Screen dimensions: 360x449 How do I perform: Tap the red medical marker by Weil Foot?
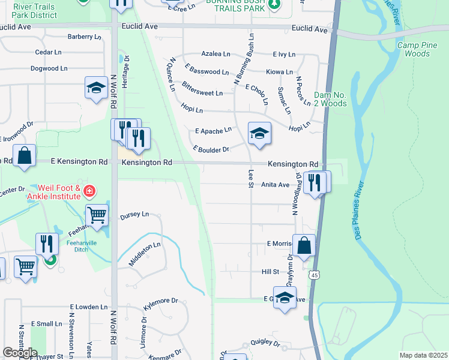[x=89, y=191]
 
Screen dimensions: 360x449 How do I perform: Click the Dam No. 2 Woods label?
[x=330, y=99]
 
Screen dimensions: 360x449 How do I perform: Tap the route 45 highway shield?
[x=313, y=275]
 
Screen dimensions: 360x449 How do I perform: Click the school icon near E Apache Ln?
[x=259, y=133]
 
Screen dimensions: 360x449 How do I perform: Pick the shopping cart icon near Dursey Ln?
[x=96, y=214]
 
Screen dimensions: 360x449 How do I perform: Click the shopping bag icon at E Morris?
[x=304, y=245]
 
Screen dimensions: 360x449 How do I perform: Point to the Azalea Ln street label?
[x=215, y=54]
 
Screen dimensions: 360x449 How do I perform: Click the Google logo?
[x=20, y=353]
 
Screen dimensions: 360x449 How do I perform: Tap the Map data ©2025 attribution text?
[x=423, y=355]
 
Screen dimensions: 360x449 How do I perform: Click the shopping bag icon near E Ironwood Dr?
[x=25, y=155]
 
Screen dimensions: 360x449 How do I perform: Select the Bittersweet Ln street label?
[x=202, y=89]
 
